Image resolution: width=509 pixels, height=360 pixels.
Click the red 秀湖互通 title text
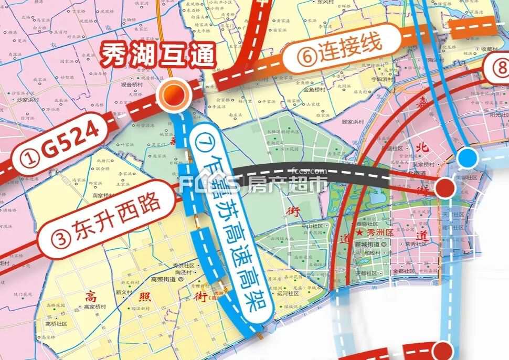click(158, 55)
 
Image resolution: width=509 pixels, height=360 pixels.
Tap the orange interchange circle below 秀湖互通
click(174, 95)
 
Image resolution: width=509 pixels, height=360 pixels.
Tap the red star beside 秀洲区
click(359, 231)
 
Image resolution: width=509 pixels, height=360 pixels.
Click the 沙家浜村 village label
click(29, 99)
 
